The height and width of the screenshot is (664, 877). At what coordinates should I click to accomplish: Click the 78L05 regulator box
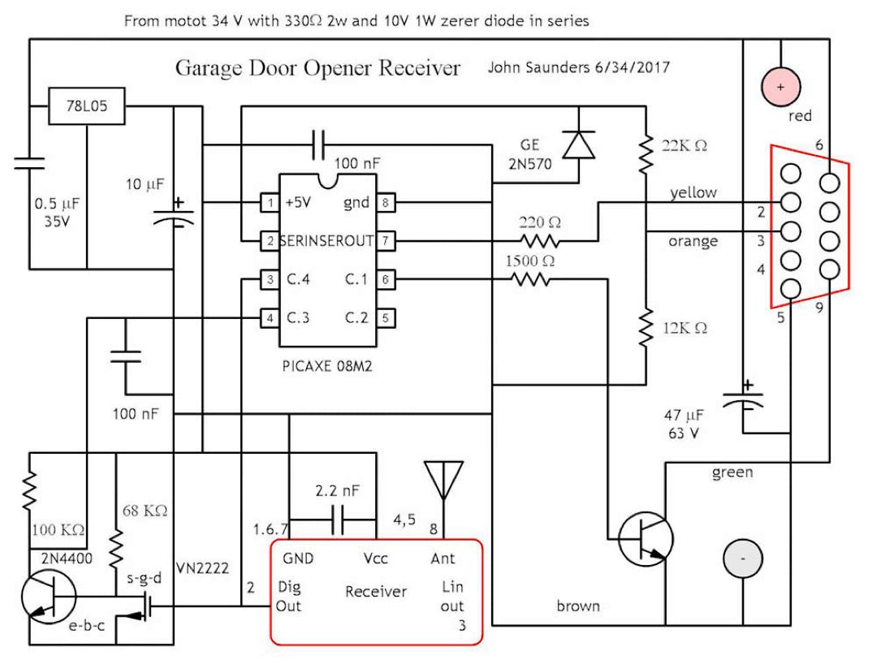[x=88, y=106]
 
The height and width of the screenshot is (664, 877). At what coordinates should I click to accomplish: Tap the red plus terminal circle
[x=780, y=85]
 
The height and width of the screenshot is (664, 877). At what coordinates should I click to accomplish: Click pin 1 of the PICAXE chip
[x=267, y=203]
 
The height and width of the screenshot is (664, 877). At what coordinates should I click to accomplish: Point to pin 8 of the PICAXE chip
[x=387, y=203]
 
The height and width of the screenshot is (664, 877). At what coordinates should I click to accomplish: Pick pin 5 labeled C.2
[x=387, y=317]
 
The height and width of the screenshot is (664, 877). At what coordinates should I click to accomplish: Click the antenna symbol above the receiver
[x=443, y=479]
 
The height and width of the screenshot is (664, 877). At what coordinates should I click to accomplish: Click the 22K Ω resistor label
[x=685, y=145]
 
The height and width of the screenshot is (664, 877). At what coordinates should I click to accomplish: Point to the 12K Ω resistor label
[x=685, y=329]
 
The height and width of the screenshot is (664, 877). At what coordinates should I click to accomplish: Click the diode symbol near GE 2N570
[x=578, y=144]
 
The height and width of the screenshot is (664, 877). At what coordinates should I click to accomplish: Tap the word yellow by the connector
[x=693, y=192]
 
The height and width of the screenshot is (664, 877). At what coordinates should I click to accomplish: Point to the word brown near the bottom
[x=578, y=606]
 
